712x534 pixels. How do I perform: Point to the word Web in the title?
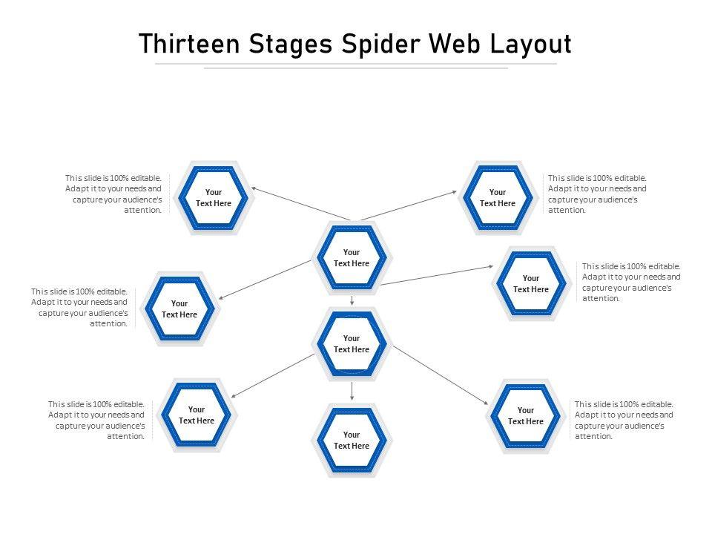(459, 44)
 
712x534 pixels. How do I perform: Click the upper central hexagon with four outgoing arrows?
(352, 258)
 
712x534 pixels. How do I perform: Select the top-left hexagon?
(214, 198)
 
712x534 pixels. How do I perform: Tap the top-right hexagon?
(498, 198)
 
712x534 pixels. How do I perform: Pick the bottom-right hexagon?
(526, 415)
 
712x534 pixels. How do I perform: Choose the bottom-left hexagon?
(197, 415)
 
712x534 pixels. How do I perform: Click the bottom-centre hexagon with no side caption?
(352, 441)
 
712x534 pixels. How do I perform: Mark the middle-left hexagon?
(179, 309)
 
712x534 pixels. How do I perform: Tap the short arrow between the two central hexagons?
(352, 300)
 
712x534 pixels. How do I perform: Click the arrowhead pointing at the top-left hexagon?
(254, 188)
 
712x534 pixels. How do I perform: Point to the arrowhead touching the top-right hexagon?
(455, 191)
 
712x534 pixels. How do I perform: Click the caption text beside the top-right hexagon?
(598, 194)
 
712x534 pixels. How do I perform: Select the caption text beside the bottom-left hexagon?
(97, 421)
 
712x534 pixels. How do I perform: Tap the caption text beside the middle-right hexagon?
(631, 282)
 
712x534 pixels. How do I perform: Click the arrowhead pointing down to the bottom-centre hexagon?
(352, 399)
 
